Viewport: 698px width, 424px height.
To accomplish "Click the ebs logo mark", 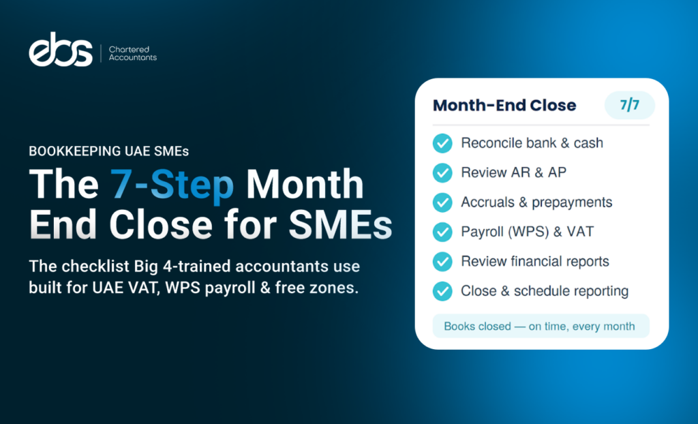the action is [x=61, y=50].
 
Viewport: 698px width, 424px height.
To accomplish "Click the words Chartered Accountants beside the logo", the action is [x=133, y=53].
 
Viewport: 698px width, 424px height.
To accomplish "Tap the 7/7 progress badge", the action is [x=629, y=105].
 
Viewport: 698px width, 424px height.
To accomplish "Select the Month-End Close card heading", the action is [x=504, y=106].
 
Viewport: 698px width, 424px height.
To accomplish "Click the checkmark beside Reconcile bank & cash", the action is [x=442, y=143].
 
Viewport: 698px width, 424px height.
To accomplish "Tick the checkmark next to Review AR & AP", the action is [x=442, y=173].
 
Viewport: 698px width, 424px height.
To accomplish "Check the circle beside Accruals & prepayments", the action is [x=442, y=202].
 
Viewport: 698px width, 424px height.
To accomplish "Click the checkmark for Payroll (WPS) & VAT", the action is [x=442, y=232].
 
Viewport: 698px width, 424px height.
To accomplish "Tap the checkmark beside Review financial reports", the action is [x=442, y=262].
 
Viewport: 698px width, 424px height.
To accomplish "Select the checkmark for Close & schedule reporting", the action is [x=442, y=291].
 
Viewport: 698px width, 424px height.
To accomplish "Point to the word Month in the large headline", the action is [x=305, y=183].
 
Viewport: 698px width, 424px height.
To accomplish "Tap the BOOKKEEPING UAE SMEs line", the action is [x=108, y=151].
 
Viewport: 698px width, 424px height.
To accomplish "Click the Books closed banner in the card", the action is [x=541, y=326].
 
